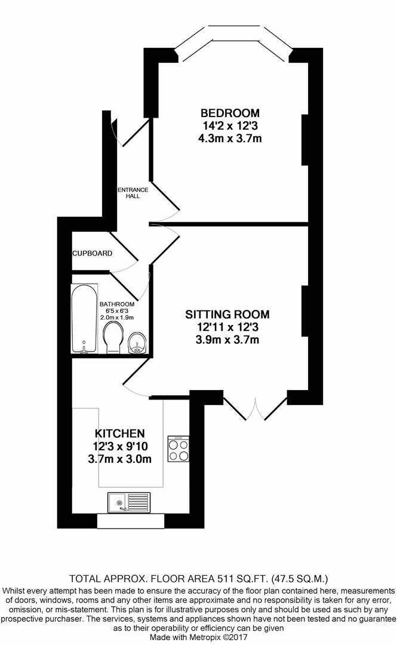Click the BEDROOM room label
230,113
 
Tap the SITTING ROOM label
227,315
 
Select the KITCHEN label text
120,434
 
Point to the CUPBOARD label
92,253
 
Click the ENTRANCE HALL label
133,193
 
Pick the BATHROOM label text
117,305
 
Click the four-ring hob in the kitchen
178,449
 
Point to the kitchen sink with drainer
129,503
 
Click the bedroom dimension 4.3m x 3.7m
230,138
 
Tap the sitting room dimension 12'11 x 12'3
227,327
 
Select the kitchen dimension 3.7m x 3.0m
120,459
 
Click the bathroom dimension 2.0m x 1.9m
117,318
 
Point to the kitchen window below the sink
130,521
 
